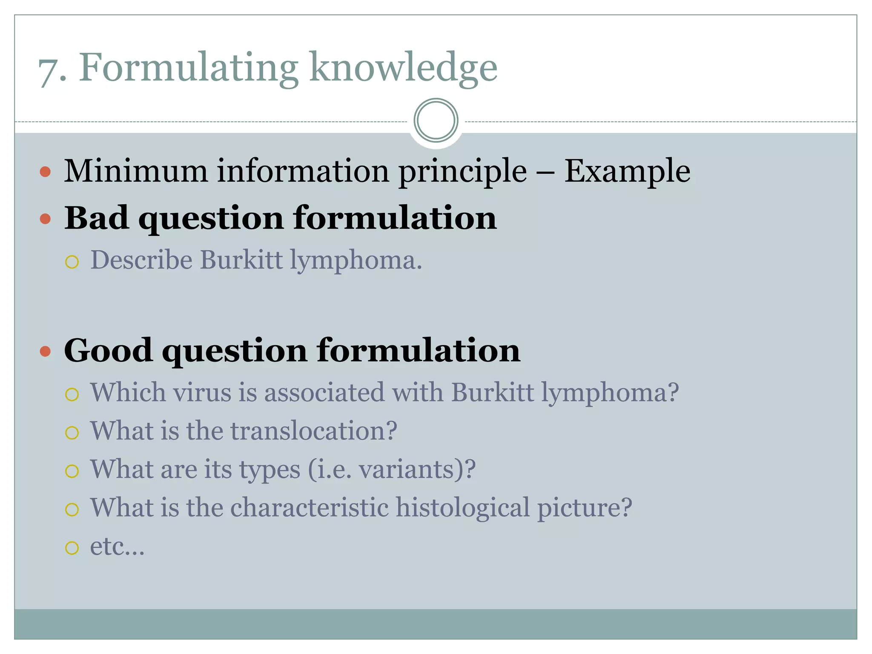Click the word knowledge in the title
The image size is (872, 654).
click(x=403, y=68)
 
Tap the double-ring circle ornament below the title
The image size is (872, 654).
click(x=436, y=120)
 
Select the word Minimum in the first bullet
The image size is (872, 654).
click(x=135, y=171)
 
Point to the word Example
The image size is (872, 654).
click(x=627, y=171)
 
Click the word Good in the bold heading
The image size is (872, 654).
click(x=108, y=350)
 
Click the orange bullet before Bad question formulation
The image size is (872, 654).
click(x=45, y=219)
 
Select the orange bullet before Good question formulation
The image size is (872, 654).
click(x=45, y=352)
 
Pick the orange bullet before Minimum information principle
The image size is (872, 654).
click(x=45, y=172)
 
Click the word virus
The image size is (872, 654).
click(x=202, y=392)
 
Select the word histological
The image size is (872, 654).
click(x=463, y=508)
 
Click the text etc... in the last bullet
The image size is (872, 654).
click(x=117, y=546)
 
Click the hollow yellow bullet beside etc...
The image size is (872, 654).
click(x=72, y=548)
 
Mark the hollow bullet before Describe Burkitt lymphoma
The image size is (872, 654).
click(x=72, y=262)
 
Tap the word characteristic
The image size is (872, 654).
click(x=310, y=508)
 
